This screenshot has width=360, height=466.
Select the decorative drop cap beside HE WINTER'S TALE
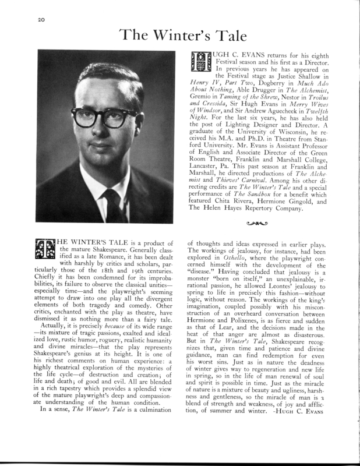[45, 251]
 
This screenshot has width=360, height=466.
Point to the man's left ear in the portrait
[151, 123]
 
